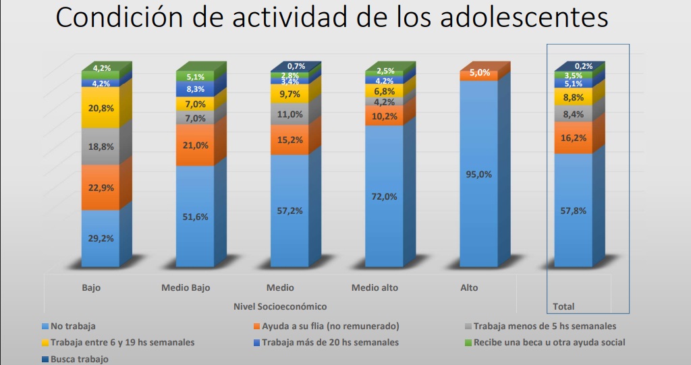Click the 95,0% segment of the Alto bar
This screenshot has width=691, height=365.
point(478,173)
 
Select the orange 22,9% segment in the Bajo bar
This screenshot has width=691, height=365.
point(101,188)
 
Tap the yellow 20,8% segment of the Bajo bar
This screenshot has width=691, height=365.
point(101,107)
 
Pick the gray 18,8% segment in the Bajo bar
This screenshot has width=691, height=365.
point(101,146)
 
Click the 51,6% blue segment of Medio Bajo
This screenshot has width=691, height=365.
point(195,217)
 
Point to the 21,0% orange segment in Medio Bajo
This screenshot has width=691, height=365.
point(195,145)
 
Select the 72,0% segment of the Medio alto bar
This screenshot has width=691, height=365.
point(384,196)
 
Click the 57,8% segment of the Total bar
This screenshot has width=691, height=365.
point(574,210)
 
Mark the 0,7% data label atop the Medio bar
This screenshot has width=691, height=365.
point(296,66)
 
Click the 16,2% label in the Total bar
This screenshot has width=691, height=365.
point(574,138)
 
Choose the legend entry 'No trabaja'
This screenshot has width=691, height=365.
point(69,327)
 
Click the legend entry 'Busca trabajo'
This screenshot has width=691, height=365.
point(75,360)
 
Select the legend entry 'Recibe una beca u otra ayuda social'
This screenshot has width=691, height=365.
point(545,343)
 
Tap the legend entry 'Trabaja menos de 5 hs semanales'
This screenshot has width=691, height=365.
point(541,327)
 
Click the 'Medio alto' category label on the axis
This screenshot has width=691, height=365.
point(375,288)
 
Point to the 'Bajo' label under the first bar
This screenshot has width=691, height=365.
point(91,288)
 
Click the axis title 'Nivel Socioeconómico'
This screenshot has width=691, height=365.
point(280,306)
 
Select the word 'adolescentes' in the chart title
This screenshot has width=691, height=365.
point(524,18)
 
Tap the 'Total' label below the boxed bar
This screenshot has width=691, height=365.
point(563,306)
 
